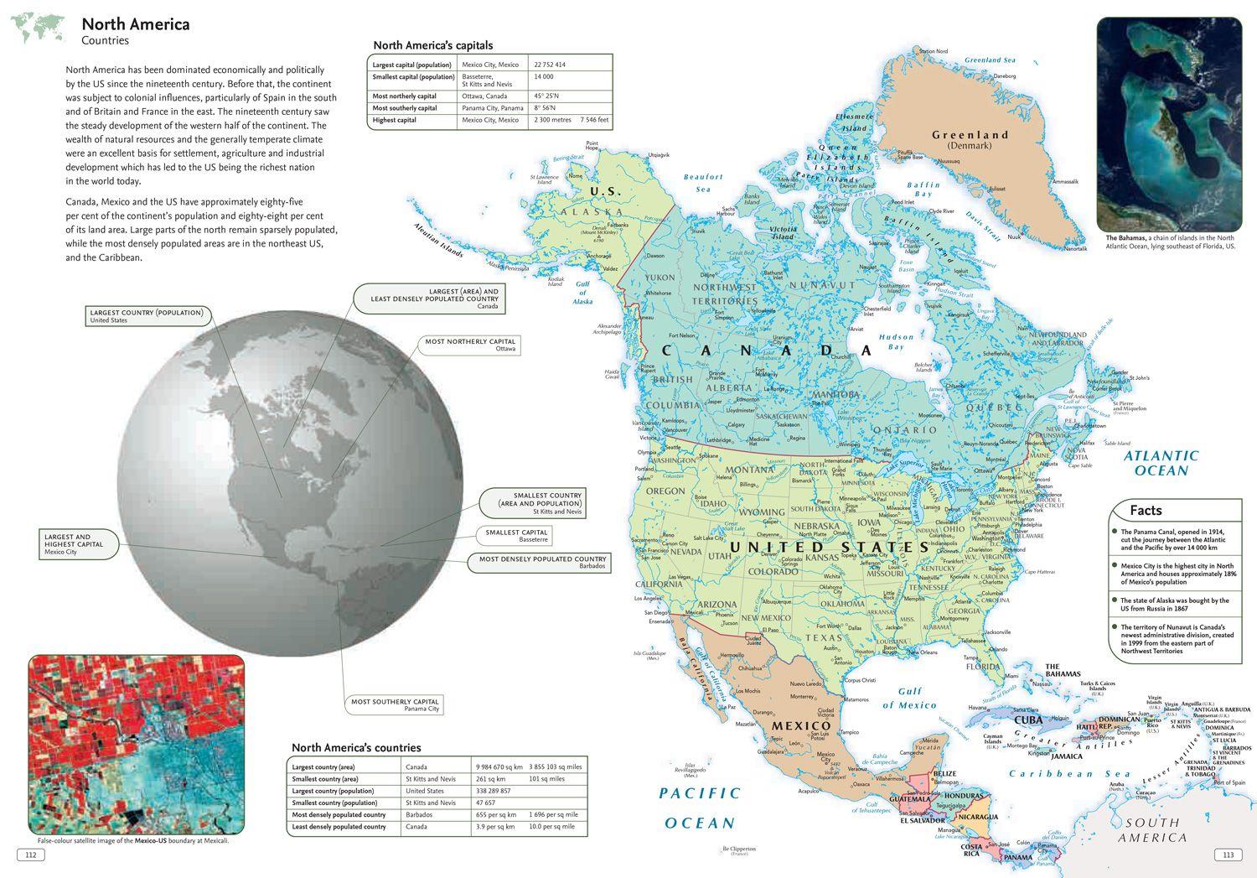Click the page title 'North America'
[x=135, y=24]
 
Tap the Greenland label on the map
[x=970, y=135]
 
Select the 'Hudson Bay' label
[x=896, y=341]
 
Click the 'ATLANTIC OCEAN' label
[x=1161, y=463]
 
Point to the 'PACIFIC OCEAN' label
[x=700, y=808]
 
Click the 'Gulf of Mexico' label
[x=909, y=699]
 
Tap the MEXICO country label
[x=801, y=725]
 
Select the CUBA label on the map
[x=1028, y=720]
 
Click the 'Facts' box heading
[x=1146, y=510]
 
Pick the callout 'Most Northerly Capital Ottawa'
[x=470, y=345]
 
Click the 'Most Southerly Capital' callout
[x=395, y=704]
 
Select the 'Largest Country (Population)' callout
[x=147, y=316]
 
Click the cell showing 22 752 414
[x=550, y=65]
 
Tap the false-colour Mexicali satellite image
[x=136, y=744]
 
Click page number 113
[x=1228, y=855]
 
